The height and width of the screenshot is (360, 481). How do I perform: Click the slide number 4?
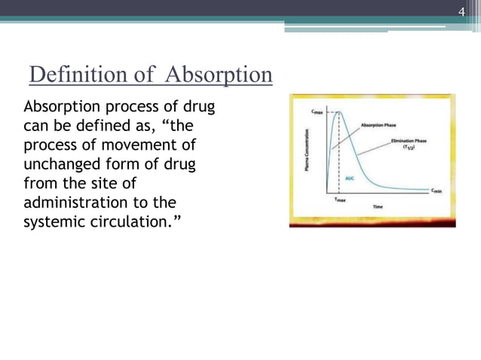(463, 11)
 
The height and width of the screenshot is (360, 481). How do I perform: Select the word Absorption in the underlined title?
(219, 76)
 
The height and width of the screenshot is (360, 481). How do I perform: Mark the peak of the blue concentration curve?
(339, 112)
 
